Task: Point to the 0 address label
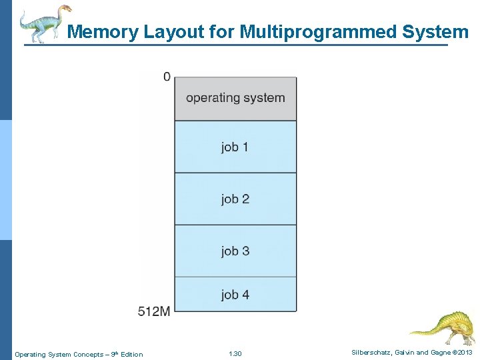[167, 77]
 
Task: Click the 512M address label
[154, 311]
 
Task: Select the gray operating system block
[235, 98]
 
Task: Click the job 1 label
[235, 147]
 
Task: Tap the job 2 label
[235, 199]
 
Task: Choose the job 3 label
[235, 251]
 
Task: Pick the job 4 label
[235, 294]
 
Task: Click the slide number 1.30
[235, 354]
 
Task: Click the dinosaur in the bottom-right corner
[443, 326]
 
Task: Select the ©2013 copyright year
[461, 353]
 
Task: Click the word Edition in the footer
[131, 354]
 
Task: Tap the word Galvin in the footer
[404, 353]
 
